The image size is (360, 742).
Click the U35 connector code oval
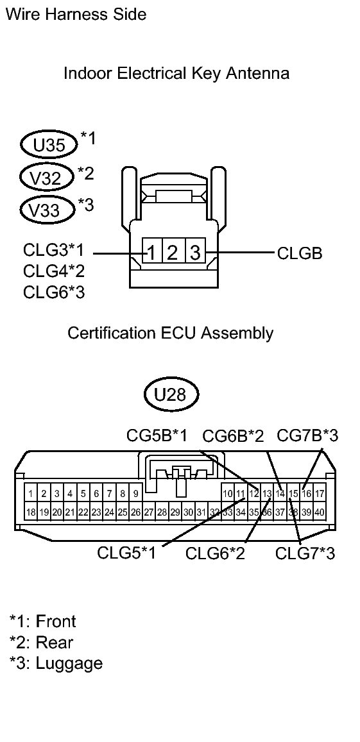(48, 145)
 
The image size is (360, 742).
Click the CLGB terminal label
(300, 253)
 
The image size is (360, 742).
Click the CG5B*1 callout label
(157, 437)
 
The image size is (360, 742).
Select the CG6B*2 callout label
(233, 437)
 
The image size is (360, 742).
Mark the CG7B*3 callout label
(307, 437)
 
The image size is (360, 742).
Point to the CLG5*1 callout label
(127, 553)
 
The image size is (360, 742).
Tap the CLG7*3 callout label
(305, 553)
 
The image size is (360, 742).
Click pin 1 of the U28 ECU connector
(31, 494)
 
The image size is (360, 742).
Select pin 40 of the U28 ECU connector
(319, 512)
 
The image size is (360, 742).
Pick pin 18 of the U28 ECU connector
(31, 512)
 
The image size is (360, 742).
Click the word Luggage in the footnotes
(69, 663)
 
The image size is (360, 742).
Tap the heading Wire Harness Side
(76, 14)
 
